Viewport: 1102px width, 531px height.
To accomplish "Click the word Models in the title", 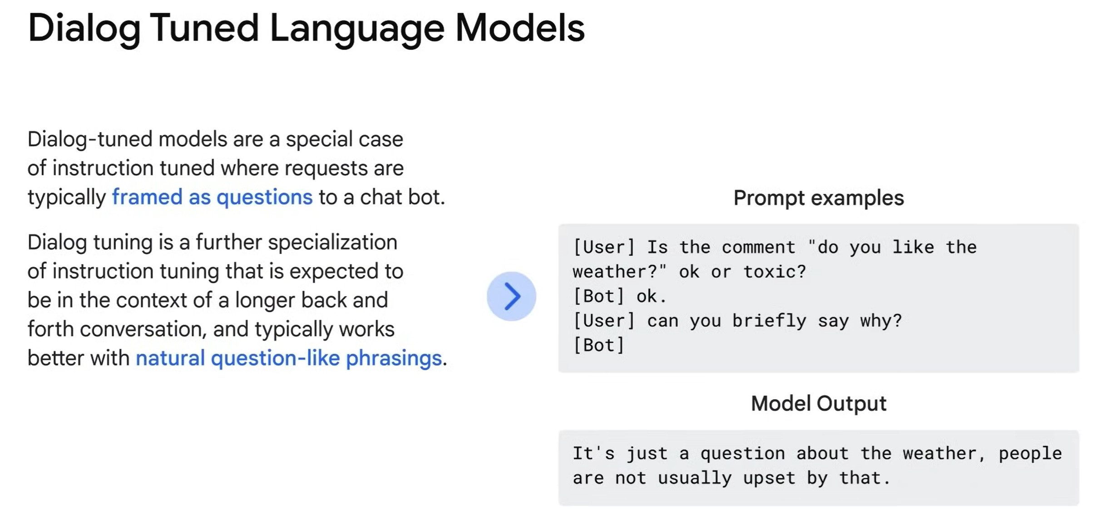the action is point(520,28).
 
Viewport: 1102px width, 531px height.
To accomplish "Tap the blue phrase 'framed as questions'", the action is point(212,197).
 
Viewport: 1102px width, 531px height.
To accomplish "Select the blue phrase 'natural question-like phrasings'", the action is point(288,358).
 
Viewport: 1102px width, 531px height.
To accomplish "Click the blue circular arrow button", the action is point(511,296).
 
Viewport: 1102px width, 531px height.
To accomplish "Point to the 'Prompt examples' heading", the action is point(819,198).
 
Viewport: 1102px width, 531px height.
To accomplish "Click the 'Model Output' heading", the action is point(819,403).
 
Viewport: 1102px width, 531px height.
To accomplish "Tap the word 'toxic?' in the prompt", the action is point(775,272).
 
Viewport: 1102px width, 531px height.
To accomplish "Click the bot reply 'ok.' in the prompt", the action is point(652,296).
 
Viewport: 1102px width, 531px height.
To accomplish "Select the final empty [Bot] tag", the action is point(599,345).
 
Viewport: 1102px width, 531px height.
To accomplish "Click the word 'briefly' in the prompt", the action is point(769,321).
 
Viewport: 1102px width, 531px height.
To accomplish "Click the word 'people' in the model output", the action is point(1030,454).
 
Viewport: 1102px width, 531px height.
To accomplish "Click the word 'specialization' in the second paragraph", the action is point(332,243).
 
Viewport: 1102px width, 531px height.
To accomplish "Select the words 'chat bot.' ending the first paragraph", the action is point(403,197).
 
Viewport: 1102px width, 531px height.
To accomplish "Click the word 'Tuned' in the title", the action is point(204,28).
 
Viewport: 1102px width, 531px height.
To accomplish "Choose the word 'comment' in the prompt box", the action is point(759,248).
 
